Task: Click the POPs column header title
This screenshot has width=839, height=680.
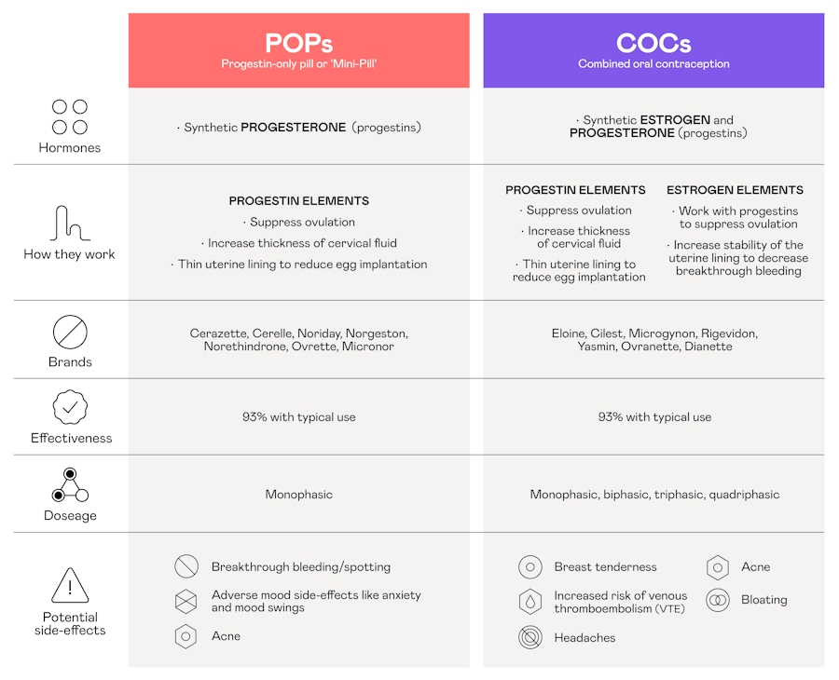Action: click(x=298, y=43)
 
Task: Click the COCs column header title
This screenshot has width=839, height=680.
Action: click(x=653, y=43)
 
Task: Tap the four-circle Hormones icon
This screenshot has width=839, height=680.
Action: click(x=70, y=117)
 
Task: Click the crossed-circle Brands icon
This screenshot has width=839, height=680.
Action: click(x=70, y=332)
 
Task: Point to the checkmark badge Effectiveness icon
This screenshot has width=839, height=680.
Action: click(x=70, y=407)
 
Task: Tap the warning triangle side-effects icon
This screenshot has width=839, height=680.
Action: click(x=70, y=586)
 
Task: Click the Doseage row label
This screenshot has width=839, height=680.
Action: click(x=70, y=515)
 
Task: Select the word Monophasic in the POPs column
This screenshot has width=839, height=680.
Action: click(x=298, y=495)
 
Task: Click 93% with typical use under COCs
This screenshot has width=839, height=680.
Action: click(x=654, y=417)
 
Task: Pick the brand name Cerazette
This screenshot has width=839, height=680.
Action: click(x=218, y=333)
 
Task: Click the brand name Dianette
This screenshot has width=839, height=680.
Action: click(x=708, y=347)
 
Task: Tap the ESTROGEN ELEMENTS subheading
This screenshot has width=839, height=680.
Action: click(x=735, y=190)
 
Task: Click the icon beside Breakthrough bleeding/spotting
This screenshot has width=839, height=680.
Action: click(x=186, y=566)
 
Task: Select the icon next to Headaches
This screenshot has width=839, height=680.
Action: click(x=530, y=638)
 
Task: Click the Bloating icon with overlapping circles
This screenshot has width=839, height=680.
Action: click(x=717, y=600)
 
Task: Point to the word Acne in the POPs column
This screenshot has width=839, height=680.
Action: click(x=226, y=636)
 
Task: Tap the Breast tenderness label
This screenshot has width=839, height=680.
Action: click(x=605, y=566)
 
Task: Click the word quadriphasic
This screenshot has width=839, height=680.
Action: click(x=743, y=495)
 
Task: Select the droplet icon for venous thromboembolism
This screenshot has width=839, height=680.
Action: click(x=530, y=602)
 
